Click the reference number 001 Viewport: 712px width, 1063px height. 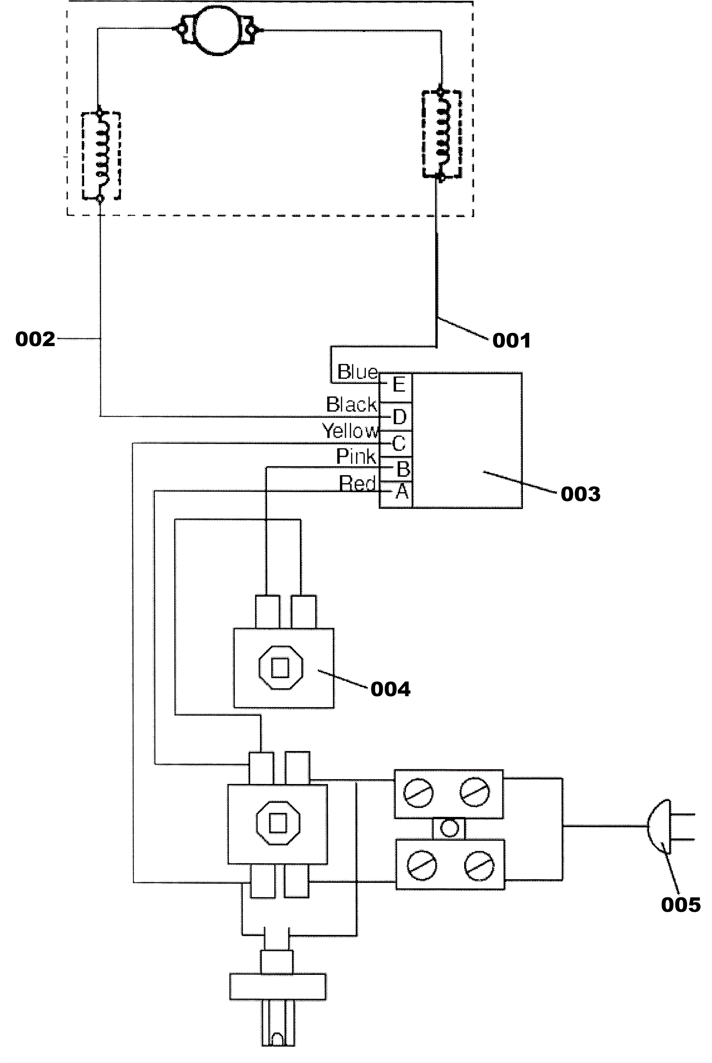(x=511, y=340)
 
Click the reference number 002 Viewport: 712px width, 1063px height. (x=35, y=339)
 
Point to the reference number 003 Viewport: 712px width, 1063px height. (x=580, y=493)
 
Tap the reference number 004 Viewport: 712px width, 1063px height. (x=390, y=689)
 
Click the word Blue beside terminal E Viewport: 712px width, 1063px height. (x=357, y=372)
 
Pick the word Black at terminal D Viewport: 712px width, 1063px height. (x=352, y=404)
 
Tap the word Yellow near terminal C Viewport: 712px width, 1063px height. (x=350, y=430)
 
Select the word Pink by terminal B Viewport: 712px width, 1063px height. (x=356, y=457)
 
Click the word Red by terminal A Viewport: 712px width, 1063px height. (x=358, y=483)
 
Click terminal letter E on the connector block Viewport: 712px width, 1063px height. (x=398, y=384)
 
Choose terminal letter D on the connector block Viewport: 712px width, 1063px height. (x=399, y=417)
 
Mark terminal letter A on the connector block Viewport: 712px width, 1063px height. (x=401, y=492)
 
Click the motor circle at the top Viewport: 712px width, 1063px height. (x=217, y=30)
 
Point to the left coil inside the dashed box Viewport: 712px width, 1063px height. (x=101, y=155)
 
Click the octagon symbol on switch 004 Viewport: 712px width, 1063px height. (x=280, y=667)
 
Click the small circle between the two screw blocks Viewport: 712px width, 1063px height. (x=449, y=828)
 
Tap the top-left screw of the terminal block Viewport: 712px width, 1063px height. (x=418, y=793)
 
